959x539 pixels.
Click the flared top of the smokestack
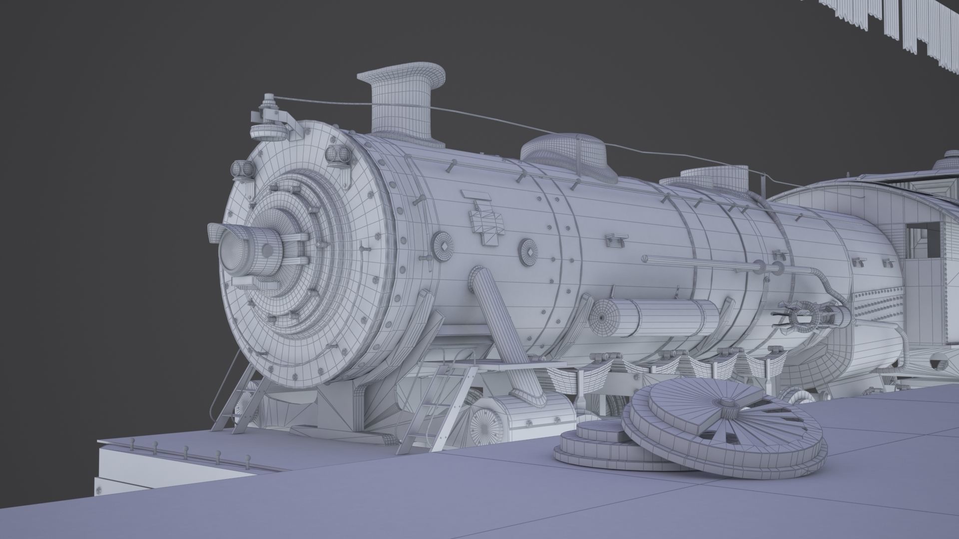402,76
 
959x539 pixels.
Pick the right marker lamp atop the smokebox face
340,156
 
